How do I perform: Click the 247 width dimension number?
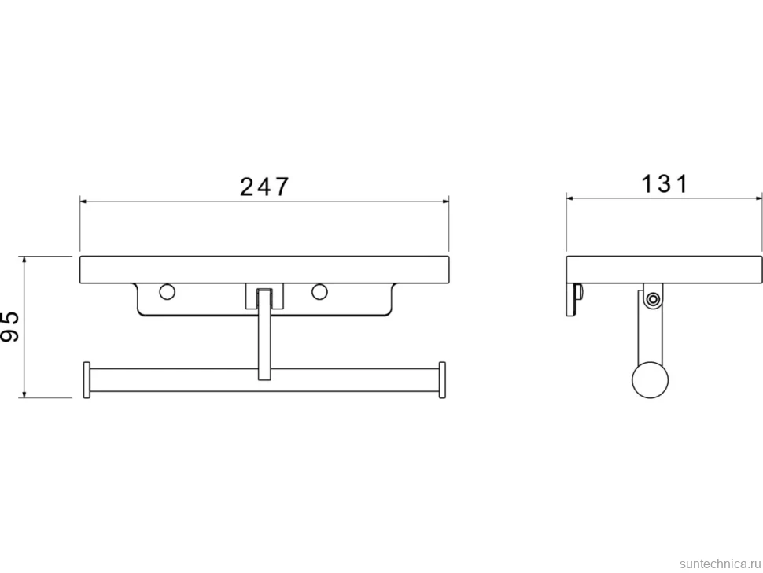pyautogui.click(x=265, y=187)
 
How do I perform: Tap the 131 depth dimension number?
pyautogui.click(x=665, y=184)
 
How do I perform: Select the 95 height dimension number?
pyautogui.click(x=9, y=326)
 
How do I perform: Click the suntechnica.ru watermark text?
pyautogui.click(x=720, y=564)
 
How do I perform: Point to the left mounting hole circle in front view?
pyautogui.click(x=167, y=291)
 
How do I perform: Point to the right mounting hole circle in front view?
pyautogui.click(x=319, y=291)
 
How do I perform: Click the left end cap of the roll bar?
pyautogui.click(x=87, y=380)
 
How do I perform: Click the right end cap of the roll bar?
pyautogui.click(x=442, y=380)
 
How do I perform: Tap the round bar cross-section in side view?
pyautogui.click(x=650, y=380)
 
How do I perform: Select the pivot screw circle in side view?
pyautogui.click(x=653, y=299)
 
